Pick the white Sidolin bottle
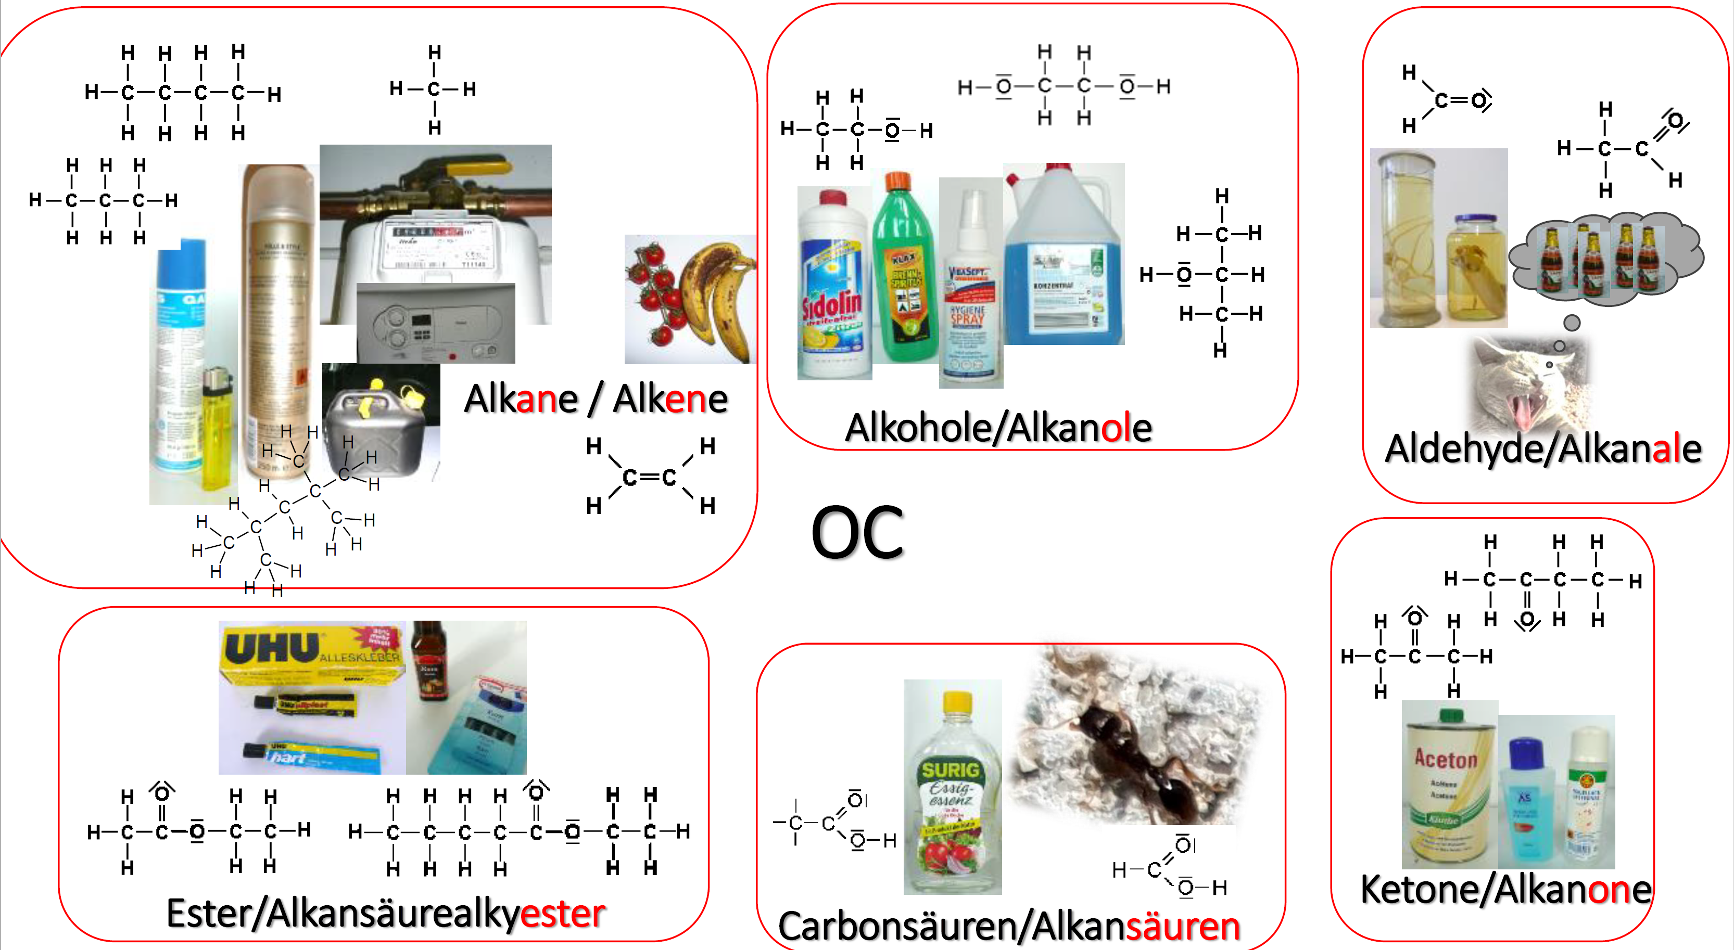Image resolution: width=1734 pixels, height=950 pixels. [x=833, y=286]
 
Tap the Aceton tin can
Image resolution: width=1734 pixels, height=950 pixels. [x=1449, y=787]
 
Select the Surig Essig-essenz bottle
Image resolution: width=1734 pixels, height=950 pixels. [x=952, y=794]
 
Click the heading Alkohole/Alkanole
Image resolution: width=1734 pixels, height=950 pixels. [x=998, y=428]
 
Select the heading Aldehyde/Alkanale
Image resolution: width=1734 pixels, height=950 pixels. [x=1543, y=449]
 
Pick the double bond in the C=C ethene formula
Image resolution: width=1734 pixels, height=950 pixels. [x=650, y=477]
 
